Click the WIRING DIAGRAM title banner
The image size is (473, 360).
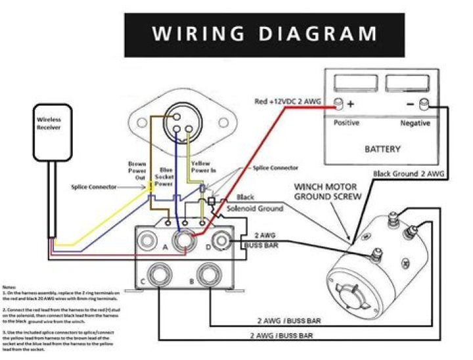pyautogui.click(x=265, y=34)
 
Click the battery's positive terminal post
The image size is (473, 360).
pyautogui.click(x=340, y=103)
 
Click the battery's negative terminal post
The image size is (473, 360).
pyautogui.click(x=424, y=102)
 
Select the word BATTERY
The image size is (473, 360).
pyautogui.click(x=382, y=149)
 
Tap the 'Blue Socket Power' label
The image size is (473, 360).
pyautogui.click(x=167, y=175)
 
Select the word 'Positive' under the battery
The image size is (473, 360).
pyautogui.click(x=347, y=123)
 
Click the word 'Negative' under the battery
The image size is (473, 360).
pyautogui.click(x=415, y=123)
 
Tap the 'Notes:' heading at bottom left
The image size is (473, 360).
pyautogui.click(x=10, y=287)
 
